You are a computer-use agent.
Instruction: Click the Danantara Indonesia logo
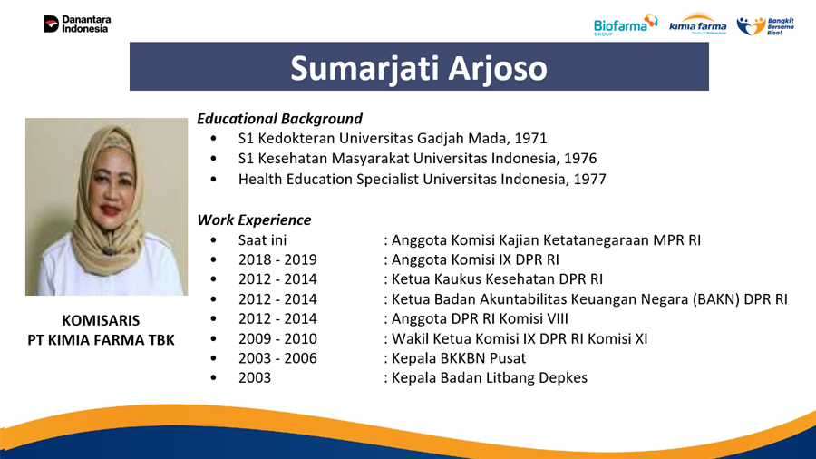click(x=77, y=24)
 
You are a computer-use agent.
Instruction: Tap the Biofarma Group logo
click(x=626, y=24)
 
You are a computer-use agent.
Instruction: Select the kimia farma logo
click(x=697, y=24)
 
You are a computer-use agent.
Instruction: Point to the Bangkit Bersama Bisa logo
click(x=765, y=25)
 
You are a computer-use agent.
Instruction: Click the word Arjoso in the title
click(x=498, y=68)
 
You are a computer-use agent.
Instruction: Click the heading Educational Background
click(x=279, y=119)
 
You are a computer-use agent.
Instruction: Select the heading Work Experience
click(x=254, y=220)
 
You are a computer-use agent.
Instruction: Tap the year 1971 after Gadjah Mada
click(x=530, y=139)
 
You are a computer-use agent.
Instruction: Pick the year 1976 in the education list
click(x=580, y=158)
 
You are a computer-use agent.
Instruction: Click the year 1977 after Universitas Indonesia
click(x=589, y=179)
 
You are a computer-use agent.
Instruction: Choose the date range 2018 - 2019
click(x=277, y=259)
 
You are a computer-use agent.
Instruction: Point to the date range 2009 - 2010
click(x=277, y=338)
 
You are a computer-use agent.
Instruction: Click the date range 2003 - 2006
click(x=277, y=358)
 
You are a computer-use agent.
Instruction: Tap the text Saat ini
click(x=262, y=239)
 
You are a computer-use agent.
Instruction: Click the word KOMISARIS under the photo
click(x=101, y=320)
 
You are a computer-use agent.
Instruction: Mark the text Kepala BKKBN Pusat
click(x=459, y=358)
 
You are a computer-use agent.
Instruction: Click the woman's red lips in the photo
click(x=111, y=210)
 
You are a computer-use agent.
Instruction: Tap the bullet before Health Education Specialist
click(x=213, y=179)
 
